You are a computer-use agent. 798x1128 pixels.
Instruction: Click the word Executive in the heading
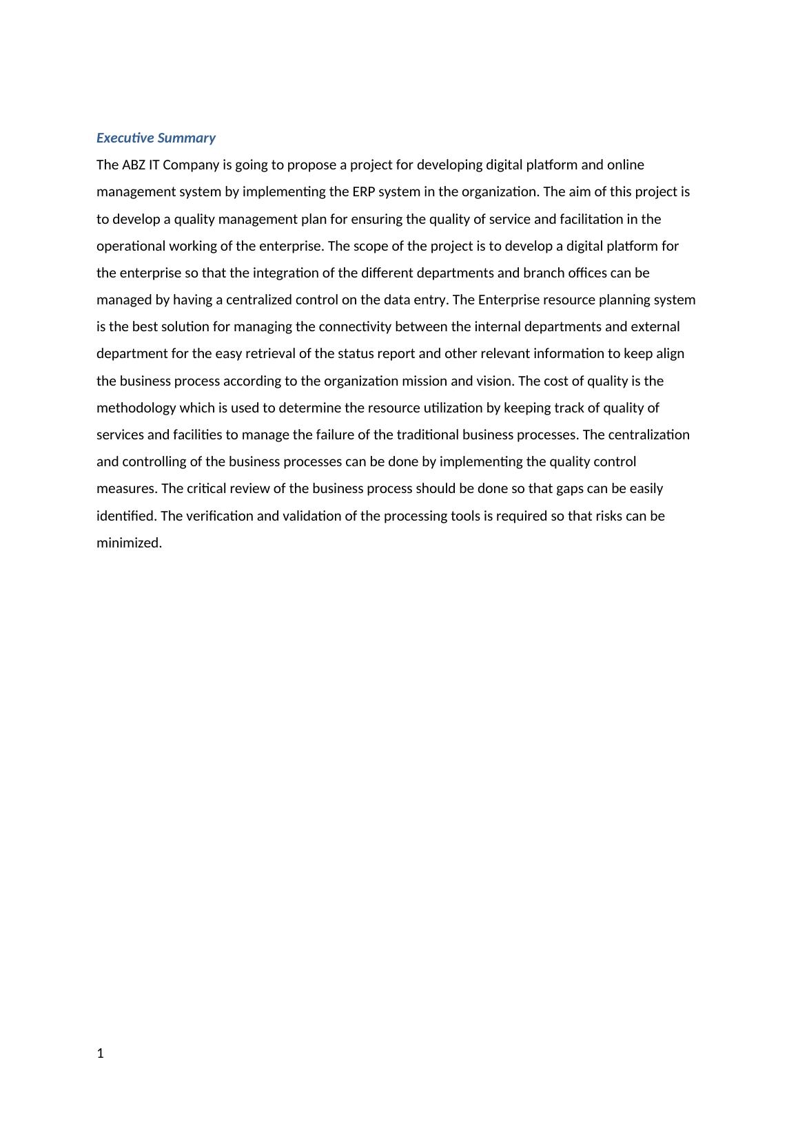pyautogui.click(x=125, y=138)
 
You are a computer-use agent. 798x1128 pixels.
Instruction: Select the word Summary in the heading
pyautogui.click(x=186, y=138)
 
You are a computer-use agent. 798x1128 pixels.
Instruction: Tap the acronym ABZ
pyautogui.click(x=134, y=165)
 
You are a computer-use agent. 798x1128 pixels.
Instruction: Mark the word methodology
pyautogui.click(x=136, y=408)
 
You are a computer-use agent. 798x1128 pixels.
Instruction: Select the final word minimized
pyautogui.click(x=129, y=543)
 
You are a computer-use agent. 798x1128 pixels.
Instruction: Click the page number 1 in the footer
pyautogui.click(x=101, y=1053)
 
